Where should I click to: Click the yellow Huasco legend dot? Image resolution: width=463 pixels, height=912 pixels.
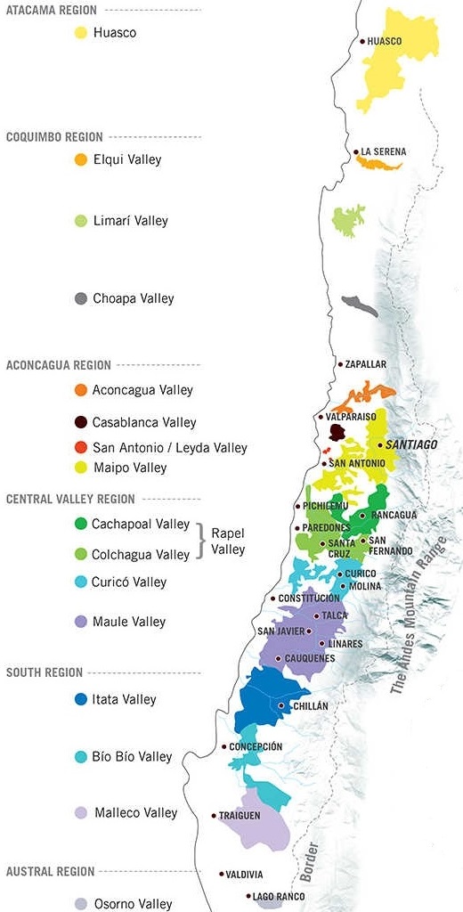[81, 33]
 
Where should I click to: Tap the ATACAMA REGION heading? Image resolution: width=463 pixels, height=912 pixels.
[52, 11]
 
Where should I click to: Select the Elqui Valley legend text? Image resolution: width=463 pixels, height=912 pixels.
[127, 160]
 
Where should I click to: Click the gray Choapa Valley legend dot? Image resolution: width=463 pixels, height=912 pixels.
[81, 299]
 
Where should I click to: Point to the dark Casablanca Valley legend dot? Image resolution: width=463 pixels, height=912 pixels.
[81, 423]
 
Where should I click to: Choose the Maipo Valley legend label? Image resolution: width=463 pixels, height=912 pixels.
[129, 468]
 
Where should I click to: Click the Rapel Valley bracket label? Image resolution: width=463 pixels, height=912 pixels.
[228, 541]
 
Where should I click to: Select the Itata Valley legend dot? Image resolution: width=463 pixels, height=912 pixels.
[81, 700]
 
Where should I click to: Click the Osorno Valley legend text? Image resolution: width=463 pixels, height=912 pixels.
[133, 904]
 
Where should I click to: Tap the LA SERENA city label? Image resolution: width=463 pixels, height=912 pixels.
[383, 152]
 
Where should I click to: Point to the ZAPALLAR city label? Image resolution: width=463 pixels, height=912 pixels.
[365, 364]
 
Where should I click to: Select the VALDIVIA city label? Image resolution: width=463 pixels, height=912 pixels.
[245, 875]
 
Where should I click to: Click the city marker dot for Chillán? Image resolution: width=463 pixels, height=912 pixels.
[281, 705]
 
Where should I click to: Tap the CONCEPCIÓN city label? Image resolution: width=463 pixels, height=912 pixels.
[256, 746]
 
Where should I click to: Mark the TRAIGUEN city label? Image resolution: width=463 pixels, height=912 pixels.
[240, 815]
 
